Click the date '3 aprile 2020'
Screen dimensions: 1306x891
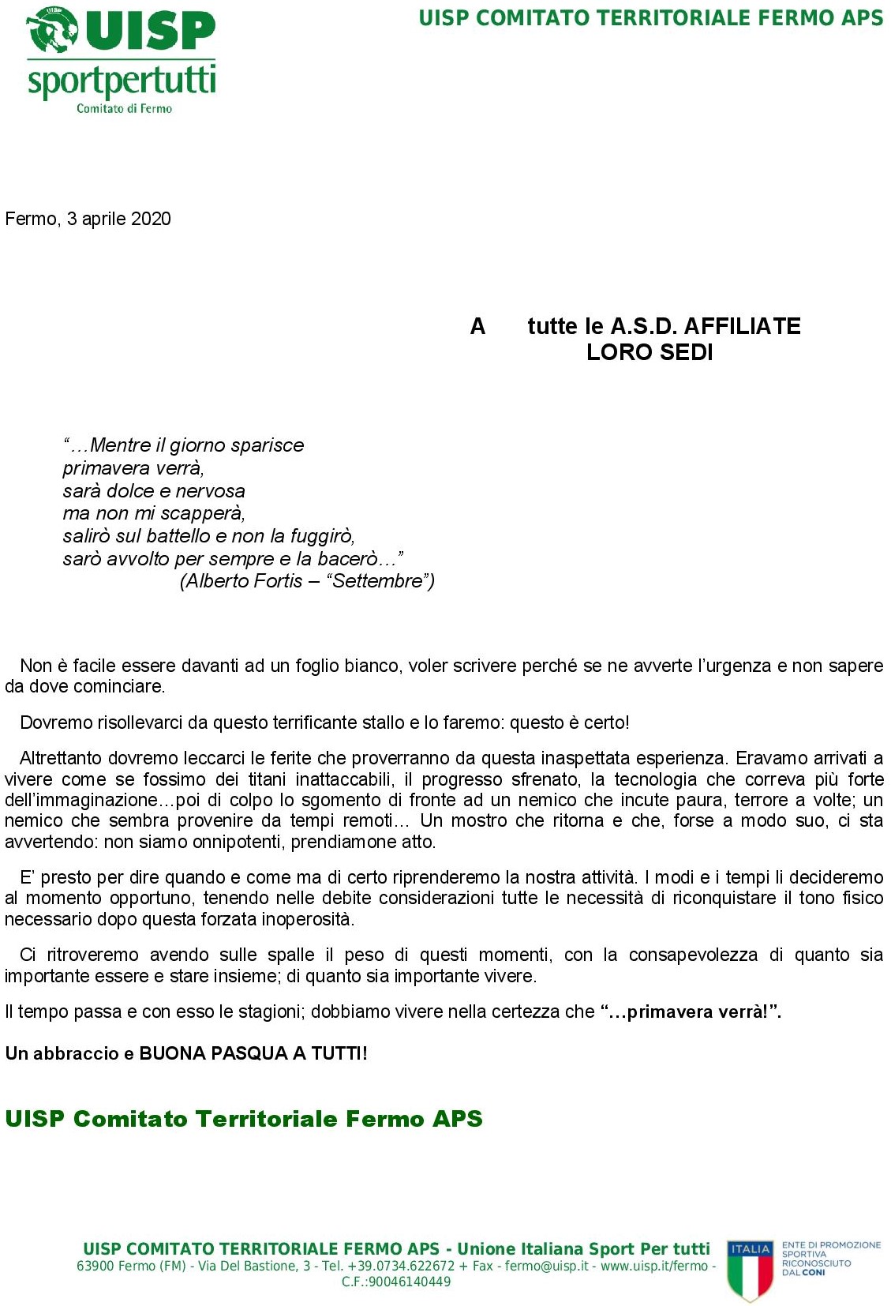point(118,219)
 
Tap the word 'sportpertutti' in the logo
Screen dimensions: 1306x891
point(122,81)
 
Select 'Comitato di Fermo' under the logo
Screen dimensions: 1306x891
point(124,108)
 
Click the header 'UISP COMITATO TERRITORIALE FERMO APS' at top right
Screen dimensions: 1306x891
point(650,18)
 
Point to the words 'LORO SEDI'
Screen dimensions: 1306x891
point(650,352)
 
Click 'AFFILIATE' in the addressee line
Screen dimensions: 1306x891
point(742,326)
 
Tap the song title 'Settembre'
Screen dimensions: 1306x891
point(379,581)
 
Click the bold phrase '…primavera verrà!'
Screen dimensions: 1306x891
point(690,1011)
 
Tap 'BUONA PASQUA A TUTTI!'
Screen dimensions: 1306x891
point(253,1053)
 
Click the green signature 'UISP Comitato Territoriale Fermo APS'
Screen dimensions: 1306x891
point(244,1119)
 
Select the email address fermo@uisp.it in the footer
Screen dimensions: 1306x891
point(547,1266)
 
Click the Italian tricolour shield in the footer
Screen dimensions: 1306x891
point(749,1270)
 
